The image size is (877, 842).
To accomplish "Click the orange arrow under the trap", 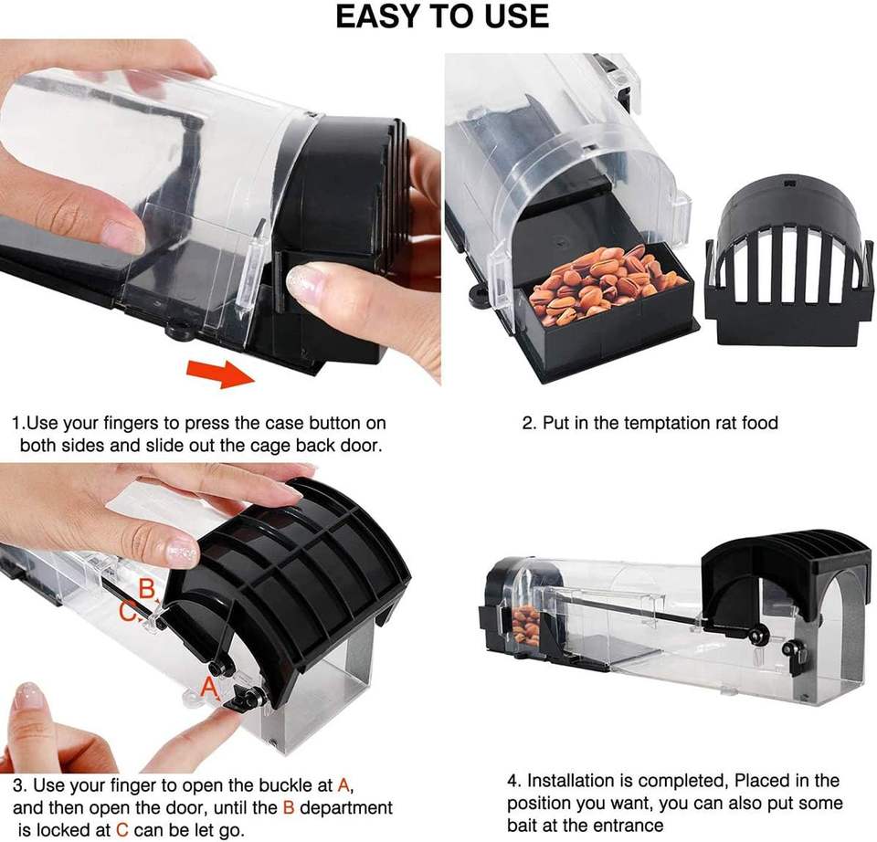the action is (221, 373).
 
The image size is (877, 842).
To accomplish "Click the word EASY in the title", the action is (382, 16).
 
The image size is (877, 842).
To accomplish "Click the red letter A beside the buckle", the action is (208, 687).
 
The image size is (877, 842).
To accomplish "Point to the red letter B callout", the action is (146, 589).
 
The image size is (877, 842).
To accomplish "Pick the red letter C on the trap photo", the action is (127, 612).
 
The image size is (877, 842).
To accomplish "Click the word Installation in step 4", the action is (575, 781).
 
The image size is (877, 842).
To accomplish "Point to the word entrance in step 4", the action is (629, 826).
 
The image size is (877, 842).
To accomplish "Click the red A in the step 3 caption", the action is (344, 785).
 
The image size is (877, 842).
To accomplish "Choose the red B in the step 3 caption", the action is (289, 807).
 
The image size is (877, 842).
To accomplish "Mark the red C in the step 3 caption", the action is (122, 830).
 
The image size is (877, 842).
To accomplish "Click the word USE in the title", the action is (516, 16).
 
